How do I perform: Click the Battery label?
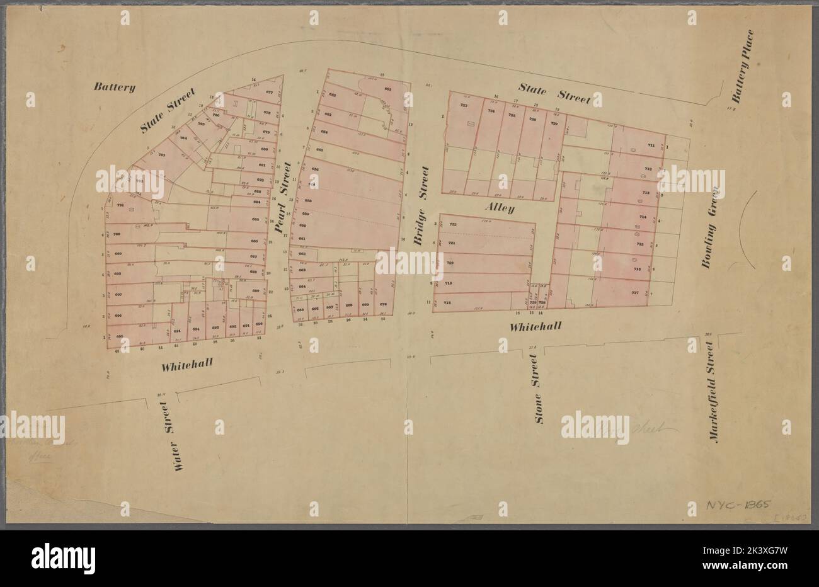coord(115,88)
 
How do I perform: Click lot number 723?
coord(464,106)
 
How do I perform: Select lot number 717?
coord(635,293)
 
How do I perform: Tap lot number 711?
coord(651,146)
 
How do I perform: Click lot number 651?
coord(388,89)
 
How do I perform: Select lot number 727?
coord(554,123)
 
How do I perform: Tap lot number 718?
coord(448,304)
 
